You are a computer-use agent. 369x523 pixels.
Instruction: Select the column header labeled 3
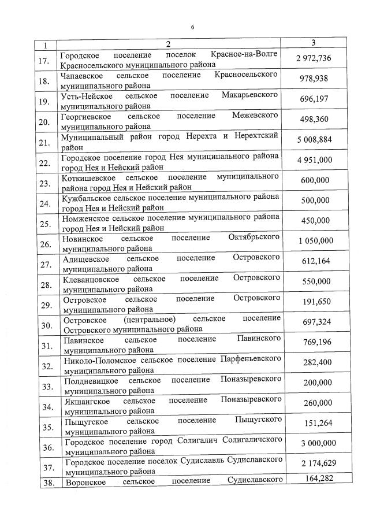[x=313, y=43]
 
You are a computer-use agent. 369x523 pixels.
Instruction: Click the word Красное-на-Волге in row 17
[x=245, y=54]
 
